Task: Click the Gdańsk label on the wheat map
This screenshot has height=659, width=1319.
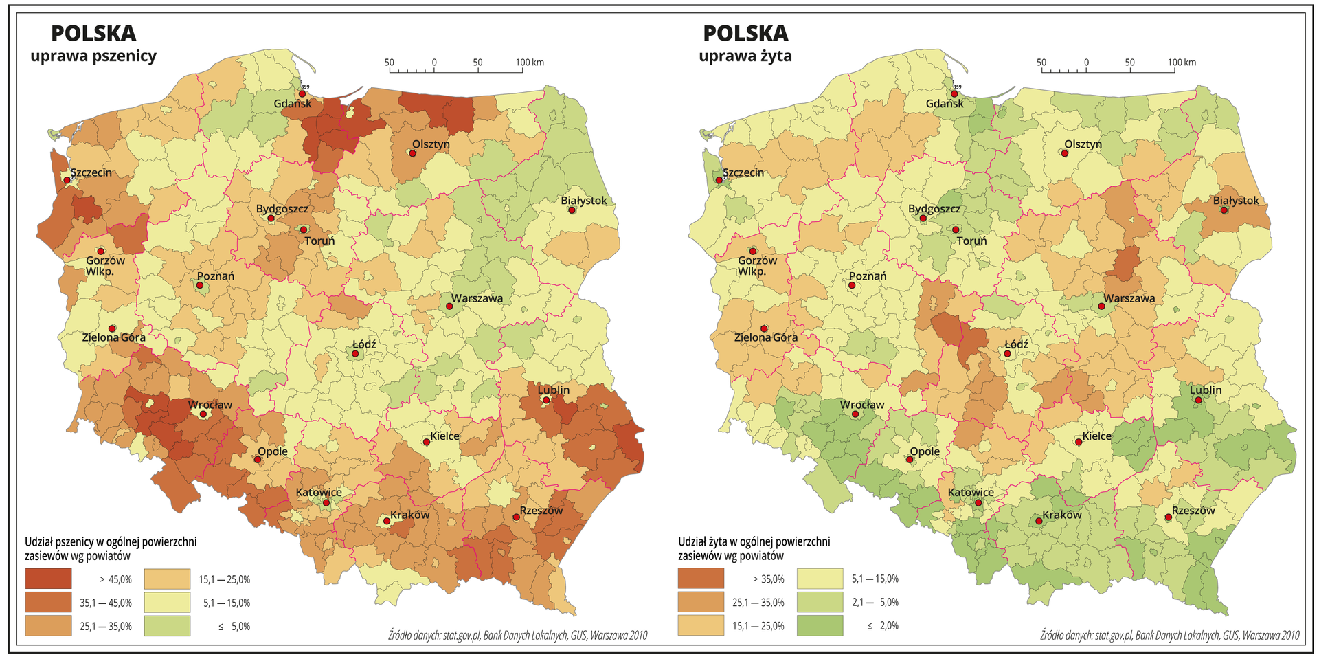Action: [292, 104]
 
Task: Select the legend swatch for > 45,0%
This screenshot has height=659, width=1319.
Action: [48, 579]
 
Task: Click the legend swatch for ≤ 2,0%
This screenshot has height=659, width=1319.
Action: [820, 625]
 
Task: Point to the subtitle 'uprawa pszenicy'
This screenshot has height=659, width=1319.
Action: [93, 56]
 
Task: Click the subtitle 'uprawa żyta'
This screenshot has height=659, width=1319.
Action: [745, 56]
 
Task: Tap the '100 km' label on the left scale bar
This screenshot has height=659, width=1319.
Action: [530, 63]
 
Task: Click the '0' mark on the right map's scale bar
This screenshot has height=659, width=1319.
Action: [1086, 63]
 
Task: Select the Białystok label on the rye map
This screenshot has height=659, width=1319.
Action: [1235, 201]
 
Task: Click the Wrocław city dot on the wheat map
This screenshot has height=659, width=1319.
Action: [203, 414]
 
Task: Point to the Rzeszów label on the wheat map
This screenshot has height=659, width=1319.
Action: [541, 511]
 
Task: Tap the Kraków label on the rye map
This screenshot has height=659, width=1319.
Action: [1061, 515]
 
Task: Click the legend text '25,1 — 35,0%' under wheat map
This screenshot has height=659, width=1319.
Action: [106, 626]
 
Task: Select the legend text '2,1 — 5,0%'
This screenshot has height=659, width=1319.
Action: [875, 602]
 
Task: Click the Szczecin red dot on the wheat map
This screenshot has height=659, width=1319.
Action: [67, 180]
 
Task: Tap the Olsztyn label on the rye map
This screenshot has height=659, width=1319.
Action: [1083, 144]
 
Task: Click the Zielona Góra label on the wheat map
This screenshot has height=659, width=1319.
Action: [113, 337]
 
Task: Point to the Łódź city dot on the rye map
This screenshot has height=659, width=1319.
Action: [1008, 354]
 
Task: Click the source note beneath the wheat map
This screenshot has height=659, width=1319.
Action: [517, 636]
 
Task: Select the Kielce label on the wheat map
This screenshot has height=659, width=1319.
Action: [444, 436]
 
